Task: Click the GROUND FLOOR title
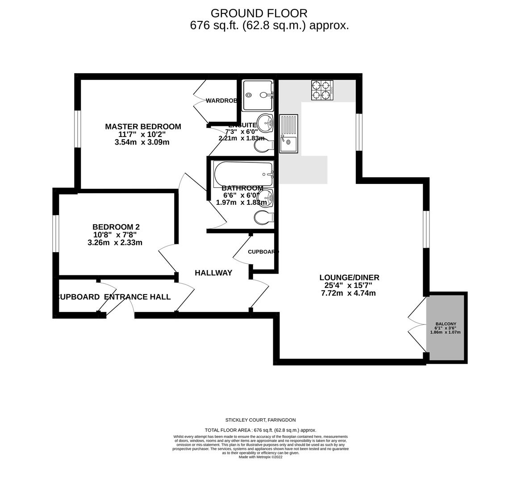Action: coord(259,13)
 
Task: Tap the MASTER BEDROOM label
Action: coord(143,127)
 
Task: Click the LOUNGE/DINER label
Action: coord(349,278)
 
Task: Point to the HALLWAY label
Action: coord(213,273)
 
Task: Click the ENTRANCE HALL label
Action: coord(137,297)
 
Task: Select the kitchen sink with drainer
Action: coord(288,134)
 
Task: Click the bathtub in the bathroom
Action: coord(243,174)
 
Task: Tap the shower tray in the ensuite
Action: coord(257,96)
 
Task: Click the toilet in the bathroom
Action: coord(263,217)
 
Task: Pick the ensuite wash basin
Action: coord(267,123)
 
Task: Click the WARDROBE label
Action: coord(221,101)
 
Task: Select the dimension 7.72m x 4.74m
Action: coord(348,293)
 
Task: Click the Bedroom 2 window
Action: coord(55,233)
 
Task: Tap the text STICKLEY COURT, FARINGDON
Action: coord(260,420)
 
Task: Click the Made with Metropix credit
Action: coord(260,457)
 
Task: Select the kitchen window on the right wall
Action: coord(359,132)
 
